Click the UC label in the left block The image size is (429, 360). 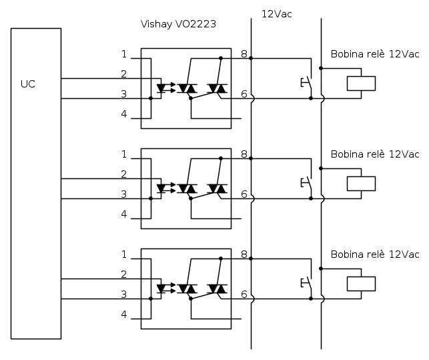click(x=28, y=84)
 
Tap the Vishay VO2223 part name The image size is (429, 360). click(x=178, y=24)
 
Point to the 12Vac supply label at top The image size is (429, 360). click(x=276, y=13)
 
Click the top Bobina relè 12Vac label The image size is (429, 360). click(x=375, y=54)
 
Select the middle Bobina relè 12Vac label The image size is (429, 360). click(x=375, y=154)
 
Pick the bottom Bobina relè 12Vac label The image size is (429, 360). click(x=375, y=254)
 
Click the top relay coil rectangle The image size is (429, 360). click(x=361, y=83)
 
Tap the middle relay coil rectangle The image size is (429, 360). click(x=361, y=184)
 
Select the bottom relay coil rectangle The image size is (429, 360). click(x=361, y=284)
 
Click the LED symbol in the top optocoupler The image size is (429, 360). click(x=161, y=88)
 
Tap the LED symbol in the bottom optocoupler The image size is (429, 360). click(x=161, y=289)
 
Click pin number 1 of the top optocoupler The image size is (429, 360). click(x=124, y=54)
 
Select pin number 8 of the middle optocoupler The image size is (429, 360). click(x=244, y=154)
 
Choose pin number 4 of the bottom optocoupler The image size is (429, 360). click(x=124, y=315)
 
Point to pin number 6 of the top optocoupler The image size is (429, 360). click(x=244, y=94)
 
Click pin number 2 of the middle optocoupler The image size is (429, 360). click(x=124, y=174)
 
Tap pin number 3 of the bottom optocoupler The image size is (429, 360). click(x=124, y=295)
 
